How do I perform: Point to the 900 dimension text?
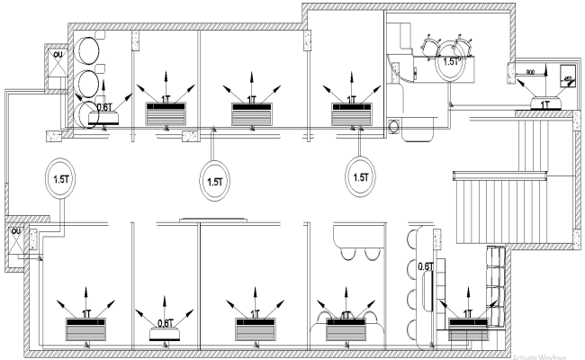pos(531,71)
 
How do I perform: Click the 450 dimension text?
pos(567,79)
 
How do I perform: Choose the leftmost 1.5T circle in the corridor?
pos(61,177)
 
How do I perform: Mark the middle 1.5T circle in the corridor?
pos(215,179)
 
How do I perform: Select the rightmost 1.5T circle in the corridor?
pos(361,177)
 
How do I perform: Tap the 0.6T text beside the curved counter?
pos(427,266)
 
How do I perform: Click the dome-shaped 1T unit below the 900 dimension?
pos(544,103)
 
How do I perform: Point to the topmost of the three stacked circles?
pos(90,49)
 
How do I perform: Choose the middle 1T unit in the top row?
pos(252,112)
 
